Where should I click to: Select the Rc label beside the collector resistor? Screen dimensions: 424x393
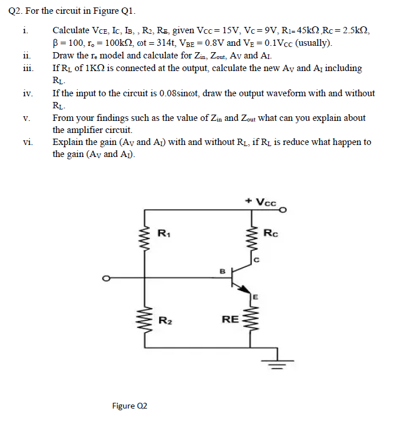pos(271,233)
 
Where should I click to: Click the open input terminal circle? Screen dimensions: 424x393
pos(105,279)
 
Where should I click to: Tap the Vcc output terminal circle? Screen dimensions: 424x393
pos(281,210)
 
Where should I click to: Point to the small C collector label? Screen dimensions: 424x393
pos(257,260)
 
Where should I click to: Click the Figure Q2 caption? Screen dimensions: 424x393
pos(130,406)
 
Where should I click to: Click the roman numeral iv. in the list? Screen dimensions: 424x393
pos(28,93)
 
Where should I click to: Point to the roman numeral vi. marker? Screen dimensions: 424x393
pos(28,142)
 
